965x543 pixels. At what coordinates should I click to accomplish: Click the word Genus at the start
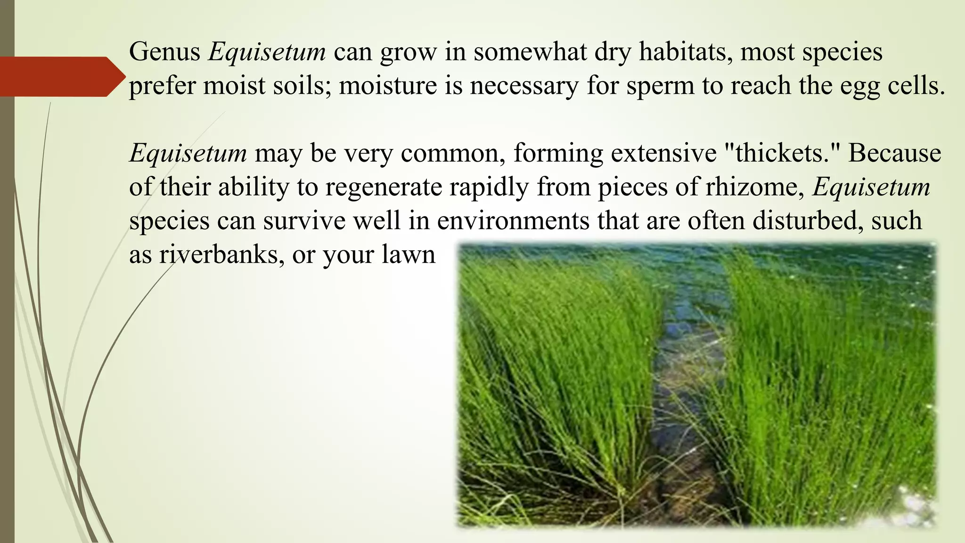click(x=164, y=52)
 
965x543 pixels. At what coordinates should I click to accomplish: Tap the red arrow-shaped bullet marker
click(x=61, y=77)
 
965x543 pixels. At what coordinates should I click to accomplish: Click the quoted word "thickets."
click(x=780, y=153)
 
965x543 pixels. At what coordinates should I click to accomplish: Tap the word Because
click(x=894, y=153)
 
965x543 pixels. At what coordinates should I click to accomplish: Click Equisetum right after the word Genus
click(x=267, y=52)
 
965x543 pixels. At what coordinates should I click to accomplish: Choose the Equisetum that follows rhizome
click(x=871, y=187)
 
